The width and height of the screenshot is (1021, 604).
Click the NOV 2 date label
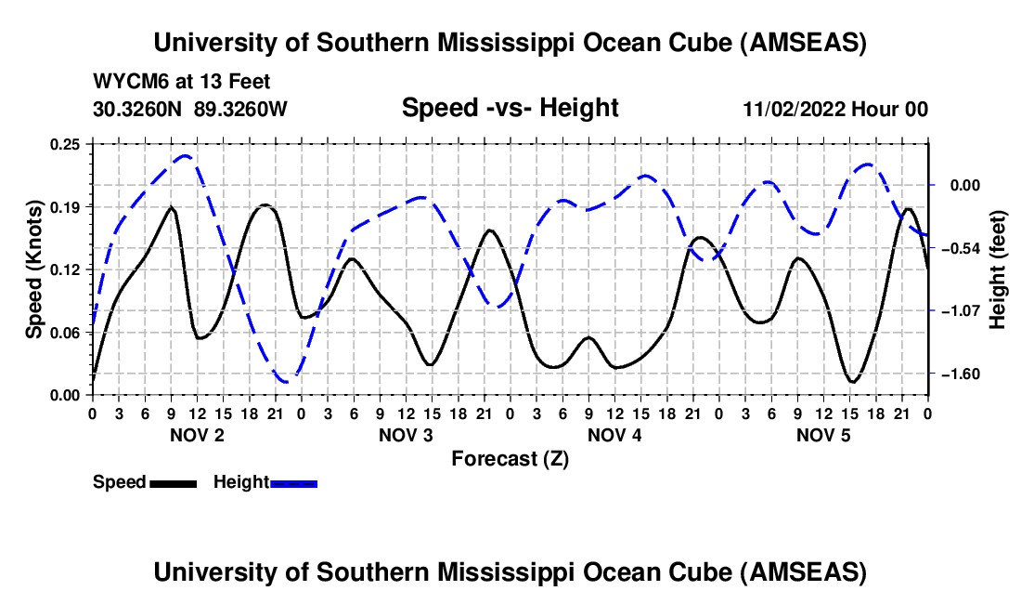pos(197,435)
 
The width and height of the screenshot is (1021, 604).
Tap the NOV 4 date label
pos(614,435)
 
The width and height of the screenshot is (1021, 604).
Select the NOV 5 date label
pos(822,435)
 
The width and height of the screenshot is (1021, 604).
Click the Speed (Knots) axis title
pos(33,269)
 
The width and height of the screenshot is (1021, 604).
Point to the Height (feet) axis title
pos(999,269)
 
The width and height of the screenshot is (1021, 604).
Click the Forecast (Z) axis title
pos(510,458)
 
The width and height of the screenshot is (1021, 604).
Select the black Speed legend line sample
pos(172,482)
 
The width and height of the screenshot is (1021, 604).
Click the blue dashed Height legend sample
pos(293,482)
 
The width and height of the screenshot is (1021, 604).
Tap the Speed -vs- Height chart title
pos(510,108)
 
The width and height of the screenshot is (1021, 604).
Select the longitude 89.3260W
pos(241,109)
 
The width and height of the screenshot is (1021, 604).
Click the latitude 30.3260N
pos(138,109)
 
